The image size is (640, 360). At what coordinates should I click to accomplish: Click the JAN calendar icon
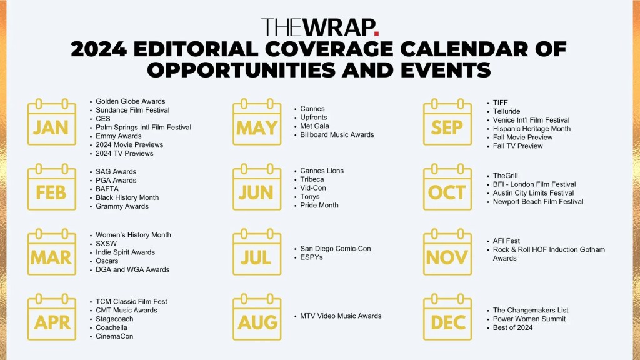[52, 122]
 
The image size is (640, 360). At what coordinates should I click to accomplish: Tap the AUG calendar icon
[257, 317]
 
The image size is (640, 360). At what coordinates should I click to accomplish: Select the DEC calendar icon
[447, 317]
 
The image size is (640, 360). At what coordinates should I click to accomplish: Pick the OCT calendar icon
[447, 187]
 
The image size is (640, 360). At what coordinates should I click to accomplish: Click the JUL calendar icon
[257, 252]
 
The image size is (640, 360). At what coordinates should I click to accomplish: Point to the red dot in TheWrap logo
[376, 34]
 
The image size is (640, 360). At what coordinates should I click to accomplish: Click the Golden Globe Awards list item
[131, 101]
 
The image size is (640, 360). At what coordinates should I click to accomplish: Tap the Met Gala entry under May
[315, 126]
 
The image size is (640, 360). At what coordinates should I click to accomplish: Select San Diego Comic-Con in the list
[336, 249]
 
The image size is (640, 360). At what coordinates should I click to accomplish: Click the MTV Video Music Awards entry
[341, 316]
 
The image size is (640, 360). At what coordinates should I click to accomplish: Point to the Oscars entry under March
[107, 261]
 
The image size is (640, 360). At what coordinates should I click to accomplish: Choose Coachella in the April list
[111, 327]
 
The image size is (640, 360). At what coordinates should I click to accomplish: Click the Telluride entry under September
[506, 111]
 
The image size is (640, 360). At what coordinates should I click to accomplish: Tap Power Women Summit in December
[529, 319]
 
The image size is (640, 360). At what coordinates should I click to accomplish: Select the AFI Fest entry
[506, 241]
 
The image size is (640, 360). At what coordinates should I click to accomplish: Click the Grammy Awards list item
[122, 206]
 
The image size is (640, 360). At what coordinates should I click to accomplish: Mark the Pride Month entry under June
[319, 205]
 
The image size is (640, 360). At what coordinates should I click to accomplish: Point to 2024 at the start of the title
[99, 49]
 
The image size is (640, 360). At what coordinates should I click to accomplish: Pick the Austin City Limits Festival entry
[534, 192]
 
